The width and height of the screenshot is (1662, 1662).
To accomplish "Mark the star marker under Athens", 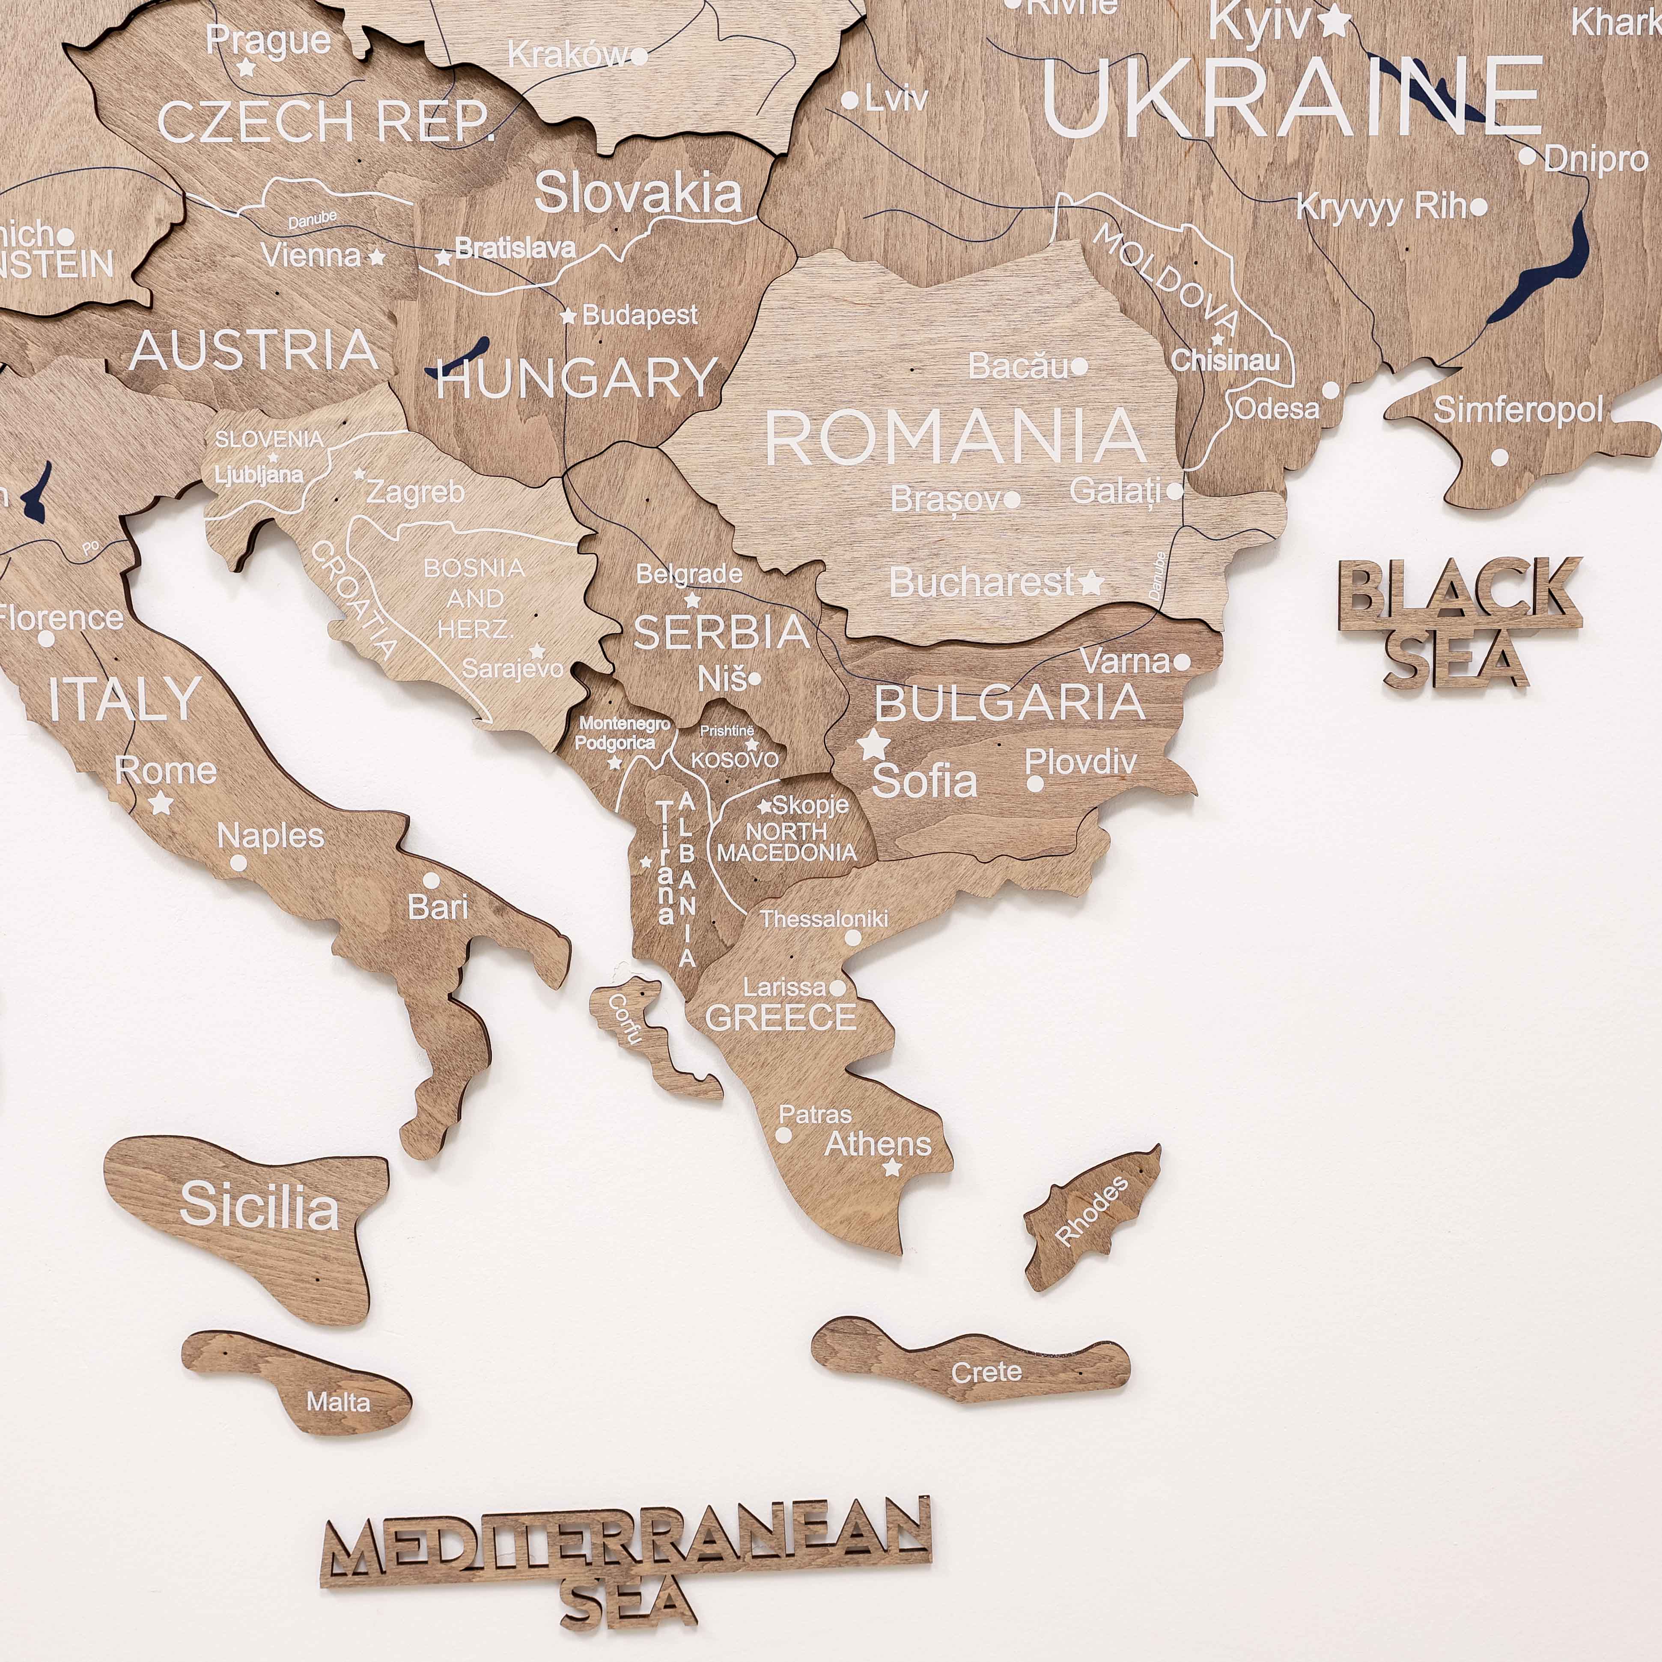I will pos(892,1168).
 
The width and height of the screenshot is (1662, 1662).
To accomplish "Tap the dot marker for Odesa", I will pos(1330,390).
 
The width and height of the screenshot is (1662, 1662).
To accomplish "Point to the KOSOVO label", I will pos(735,760).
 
